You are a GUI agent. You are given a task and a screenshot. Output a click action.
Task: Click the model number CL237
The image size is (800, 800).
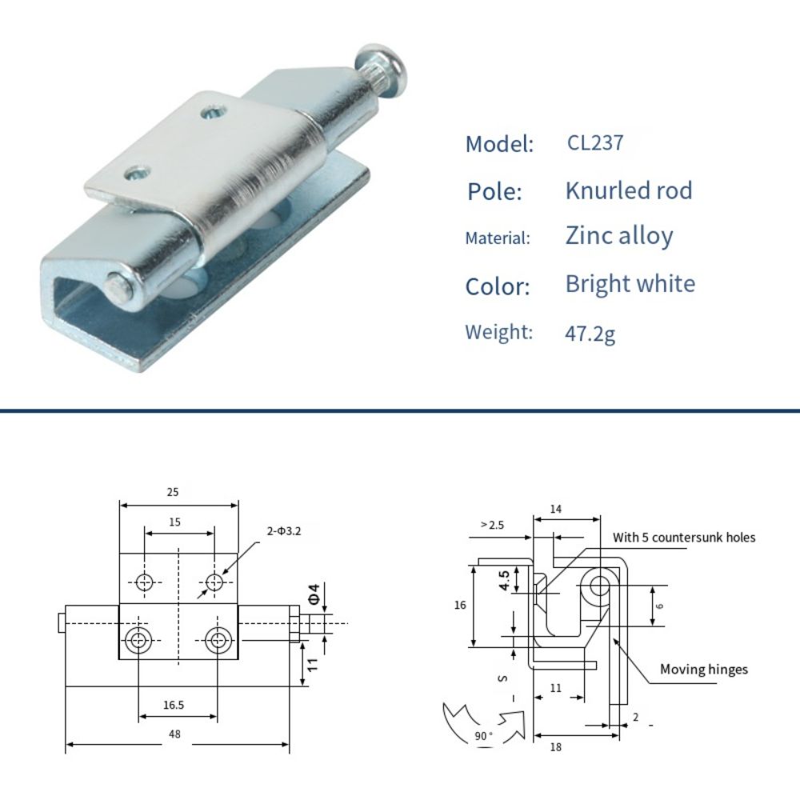594,143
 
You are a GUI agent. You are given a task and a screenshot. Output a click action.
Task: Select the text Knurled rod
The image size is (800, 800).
628,190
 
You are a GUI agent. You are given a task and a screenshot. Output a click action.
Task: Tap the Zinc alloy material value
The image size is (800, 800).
618,236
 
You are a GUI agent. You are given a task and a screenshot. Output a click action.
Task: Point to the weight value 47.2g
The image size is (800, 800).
590,333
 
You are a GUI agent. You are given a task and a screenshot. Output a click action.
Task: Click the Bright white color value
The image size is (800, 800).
630,284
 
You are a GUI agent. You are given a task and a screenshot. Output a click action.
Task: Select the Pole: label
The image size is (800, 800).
494,192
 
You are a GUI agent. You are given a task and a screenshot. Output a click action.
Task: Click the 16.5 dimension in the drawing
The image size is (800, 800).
173,705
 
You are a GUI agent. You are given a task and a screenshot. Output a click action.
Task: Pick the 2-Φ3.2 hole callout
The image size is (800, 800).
284,530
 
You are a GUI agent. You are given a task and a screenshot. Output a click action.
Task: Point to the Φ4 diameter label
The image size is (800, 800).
314,594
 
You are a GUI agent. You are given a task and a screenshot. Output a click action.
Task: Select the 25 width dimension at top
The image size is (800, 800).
173,492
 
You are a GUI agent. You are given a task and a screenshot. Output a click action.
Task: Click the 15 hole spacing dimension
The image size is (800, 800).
174,522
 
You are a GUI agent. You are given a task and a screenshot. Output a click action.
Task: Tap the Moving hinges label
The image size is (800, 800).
703,669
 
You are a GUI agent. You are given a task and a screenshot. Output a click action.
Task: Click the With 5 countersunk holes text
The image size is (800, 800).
684,538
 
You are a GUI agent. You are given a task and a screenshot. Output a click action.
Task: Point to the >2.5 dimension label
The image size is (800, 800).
492,525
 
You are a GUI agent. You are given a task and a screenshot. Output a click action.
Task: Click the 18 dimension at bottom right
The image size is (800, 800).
556,746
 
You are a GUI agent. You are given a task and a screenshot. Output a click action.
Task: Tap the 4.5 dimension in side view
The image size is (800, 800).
505,579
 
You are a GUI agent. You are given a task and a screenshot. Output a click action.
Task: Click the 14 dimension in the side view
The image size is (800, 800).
556,509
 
